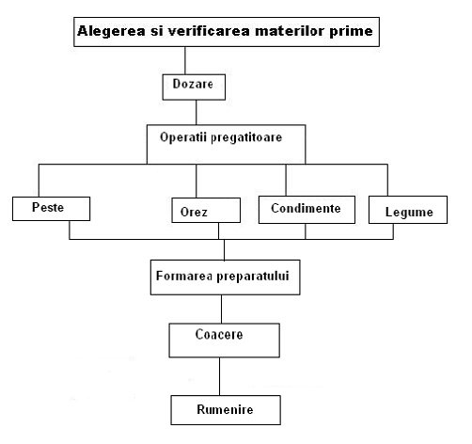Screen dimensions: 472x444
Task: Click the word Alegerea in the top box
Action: (x=111, y=32)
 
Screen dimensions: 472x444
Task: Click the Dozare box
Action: (x=194, y=87)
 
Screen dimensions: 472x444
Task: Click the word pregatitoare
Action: (x=246, y=138)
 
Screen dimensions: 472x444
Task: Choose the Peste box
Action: (x=51, y=209)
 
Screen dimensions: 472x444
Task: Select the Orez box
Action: (x=206, y=210)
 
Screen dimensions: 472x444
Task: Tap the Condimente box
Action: (x=307, y=210)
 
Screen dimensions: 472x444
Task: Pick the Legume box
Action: (x=408, y=210)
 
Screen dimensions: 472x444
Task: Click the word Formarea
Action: (x=184, y=276)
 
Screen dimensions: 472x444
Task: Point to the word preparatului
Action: (x=253, y=277)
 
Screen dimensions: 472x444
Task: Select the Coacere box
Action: (x=225, y=341)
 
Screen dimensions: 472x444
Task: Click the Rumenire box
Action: (x=226, y=410)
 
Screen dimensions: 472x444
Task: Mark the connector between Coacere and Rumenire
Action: (x=219, y=376)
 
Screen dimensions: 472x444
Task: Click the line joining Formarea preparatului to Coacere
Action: (x=222, y=309)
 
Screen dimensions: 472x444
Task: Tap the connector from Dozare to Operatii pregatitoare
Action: (x=197, y=113)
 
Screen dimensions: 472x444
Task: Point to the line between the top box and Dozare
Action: (x=185, y=60)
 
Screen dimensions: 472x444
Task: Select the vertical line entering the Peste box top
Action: (x=39, y=181)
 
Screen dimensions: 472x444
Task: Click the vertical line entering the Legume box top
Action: (x=387, y=180)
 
